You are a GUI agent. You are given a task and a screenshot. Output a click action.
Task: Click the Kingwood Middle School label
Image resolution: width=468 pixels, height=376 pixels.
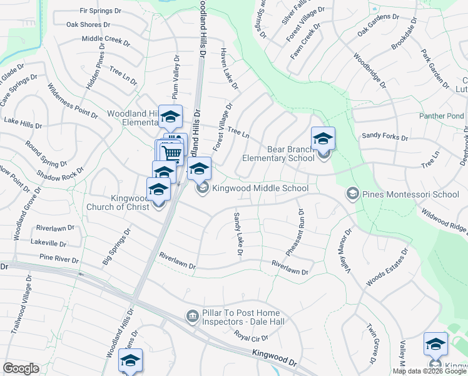pyautogui.click(x=260, y=189)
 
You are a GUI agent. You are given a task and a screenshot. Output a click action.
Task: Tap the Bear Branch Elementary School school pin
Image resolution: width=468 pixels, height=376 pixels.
pyautogui.click(x=323, y=139)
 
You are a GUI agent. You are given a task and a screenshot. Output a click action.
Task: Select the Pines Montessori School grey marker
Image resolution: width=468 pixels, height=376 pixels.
pyautogui.click(x=352, y=194)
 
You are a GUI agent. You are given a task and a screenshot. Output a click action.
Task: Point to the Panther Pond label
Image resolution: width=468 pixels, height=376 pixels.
pyautogui.click(x=442, y=116)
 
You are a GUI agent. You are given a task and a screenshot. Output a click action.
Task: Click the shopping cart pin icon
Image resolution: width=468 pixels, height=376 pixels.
pyautogui.click(x=172, y=152)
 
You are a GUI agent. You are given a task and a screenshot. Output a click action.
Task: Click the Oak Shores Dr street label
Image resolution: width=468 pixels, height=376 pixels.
pyautogui.click(x=88, y=25)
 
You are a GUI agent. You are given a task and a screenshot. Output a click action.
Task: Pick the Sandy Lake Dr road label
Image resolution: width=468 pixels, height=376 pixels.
pyautogui.click(x=238, y=234)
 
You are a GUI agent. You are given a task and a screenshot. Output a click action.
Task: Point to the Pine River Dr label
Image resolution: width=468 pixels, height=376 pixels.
pyautogui.click(x=59, y=258)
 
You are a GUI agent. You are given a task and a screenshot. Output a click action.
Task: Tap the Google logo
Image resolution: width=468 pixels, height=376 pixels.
pyautogui.click(x=21, y=368)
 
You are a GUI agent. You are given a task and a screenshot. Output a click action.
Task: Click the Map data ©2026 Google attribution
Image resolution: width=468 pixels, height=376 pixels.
pyautogui.click(x=430, y=371)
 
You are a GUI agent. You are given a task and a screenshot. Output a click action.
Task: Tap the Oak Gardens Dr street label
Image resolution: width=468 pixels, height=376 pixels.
pyautogui.click(x=377, y=24)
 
